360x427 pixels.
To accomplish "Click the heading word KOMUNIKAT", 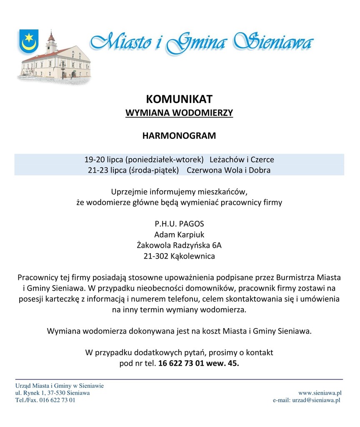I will (x=179, y=99).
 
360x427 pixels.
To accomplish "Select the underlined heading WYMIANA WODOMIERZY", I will (x=179, y=113).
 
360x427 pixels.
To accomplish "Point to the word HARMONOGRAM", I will (x=179, y=136).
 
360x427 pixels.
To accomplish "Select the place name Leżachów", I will (x=227, y=160).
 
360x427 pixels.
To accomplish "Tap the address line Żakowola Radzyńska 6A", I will (x=179, y=245).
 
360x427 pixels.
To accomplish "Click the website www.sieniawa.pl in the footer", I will (x=320, y=393).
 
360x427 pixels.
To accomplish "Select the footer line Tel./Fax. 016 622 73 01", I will (x=45, y=400).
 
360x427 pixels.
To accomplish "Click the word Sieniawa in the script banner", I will (x=273, y=42).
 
